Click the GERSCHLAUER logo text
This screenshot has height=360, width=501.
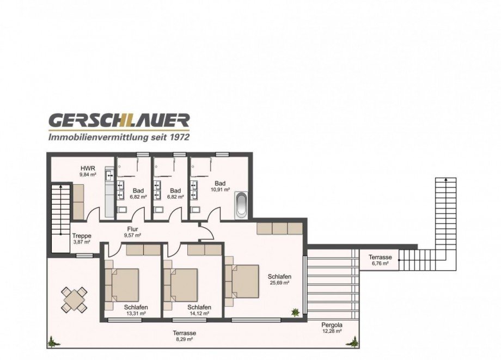(x=119, y=121)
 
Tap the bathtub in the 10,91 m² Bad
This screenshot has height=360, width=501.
(x=241, y=205)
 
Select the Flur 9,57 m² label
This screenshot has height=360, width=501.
(x=132, y=232)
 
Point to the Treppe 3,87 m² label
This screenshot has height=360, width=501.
(x=82, y=239)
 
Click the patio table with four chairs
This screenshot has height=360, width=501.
(x=74, y=300)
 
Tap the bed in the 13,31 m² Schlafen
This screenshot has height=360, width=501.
(x=122, y=285)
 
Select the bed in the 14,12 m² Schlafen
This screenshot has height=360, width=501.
(x=180, y=285)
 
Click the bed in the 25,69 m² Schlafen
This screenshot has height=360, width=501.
(x=242, y=281)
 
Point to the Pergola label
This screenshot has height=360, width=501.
(x=332, y=325)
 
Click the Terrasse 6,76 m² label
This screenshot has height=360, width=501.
(x=380, y=260)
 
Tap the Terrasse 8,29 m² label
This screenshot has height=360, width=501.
(x=185, y=335)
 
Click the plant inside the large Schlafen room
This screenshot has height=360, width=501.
(x=295, y=312)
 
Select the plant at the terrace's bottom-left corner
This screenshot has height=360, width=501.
(x=54, y=342)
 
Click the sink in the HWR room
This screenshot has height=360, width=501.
(x=109, y=175)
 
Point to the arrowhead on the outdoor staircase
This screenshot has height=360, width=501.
(x=445, y=180)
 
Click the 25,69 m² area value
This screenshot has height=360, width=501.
(x=279, y=283)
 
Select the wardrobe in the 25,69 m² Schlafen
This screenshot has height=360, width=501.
(x=279, y=229)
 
